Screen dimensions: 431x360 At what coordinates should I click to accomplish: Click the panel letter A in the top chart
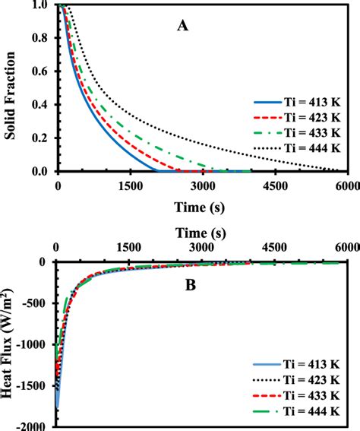[182, 25]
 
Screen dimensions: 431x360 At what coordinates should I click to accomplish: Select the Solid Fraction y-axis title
[10, 88]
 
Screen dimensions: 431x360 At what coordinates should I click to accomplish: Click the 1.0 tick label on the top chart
[39, 5]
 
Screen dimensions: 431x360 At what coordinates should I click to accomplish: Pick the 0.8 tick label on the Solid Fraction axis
[39, 39]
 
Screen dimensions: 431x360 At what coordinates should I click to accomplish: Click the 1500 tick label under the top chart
[130, 185]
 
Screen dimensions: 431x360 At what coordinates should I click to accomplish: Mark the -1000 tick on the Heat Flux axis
[34, 344]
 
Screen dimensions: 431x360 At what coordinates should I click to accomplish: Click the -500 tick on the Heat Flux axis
[36, 303]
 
